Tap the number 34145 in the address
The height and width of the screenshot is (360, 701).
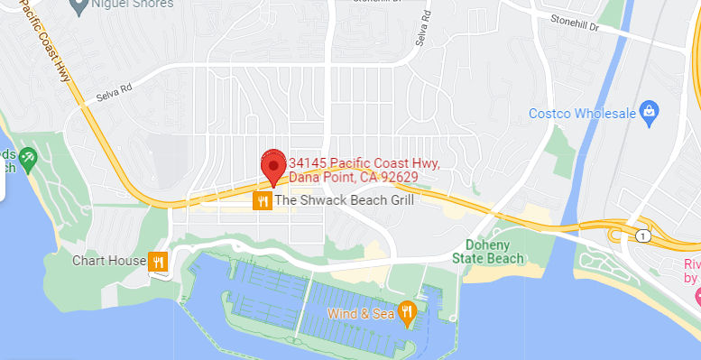[x=308, y=162]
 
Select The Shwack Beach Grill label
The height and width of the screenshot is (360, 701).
[x=345, y=200]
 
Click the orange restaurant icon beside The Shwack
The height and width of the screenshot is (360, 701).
[x=263, y=200]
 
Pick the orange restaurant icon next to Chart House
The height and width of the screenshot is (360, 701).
[x=158, y=262]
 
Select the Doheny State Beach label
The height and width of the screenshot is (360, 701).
[x=493, y=252]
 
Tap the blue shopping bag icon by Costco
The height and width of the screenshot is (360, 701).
[x=647, y=111]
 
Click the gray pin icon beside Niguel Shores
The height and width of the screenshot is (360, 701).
[x=78, y=4]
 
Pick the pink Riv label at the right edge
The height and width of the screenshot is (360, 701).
[x=692, y=264]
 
